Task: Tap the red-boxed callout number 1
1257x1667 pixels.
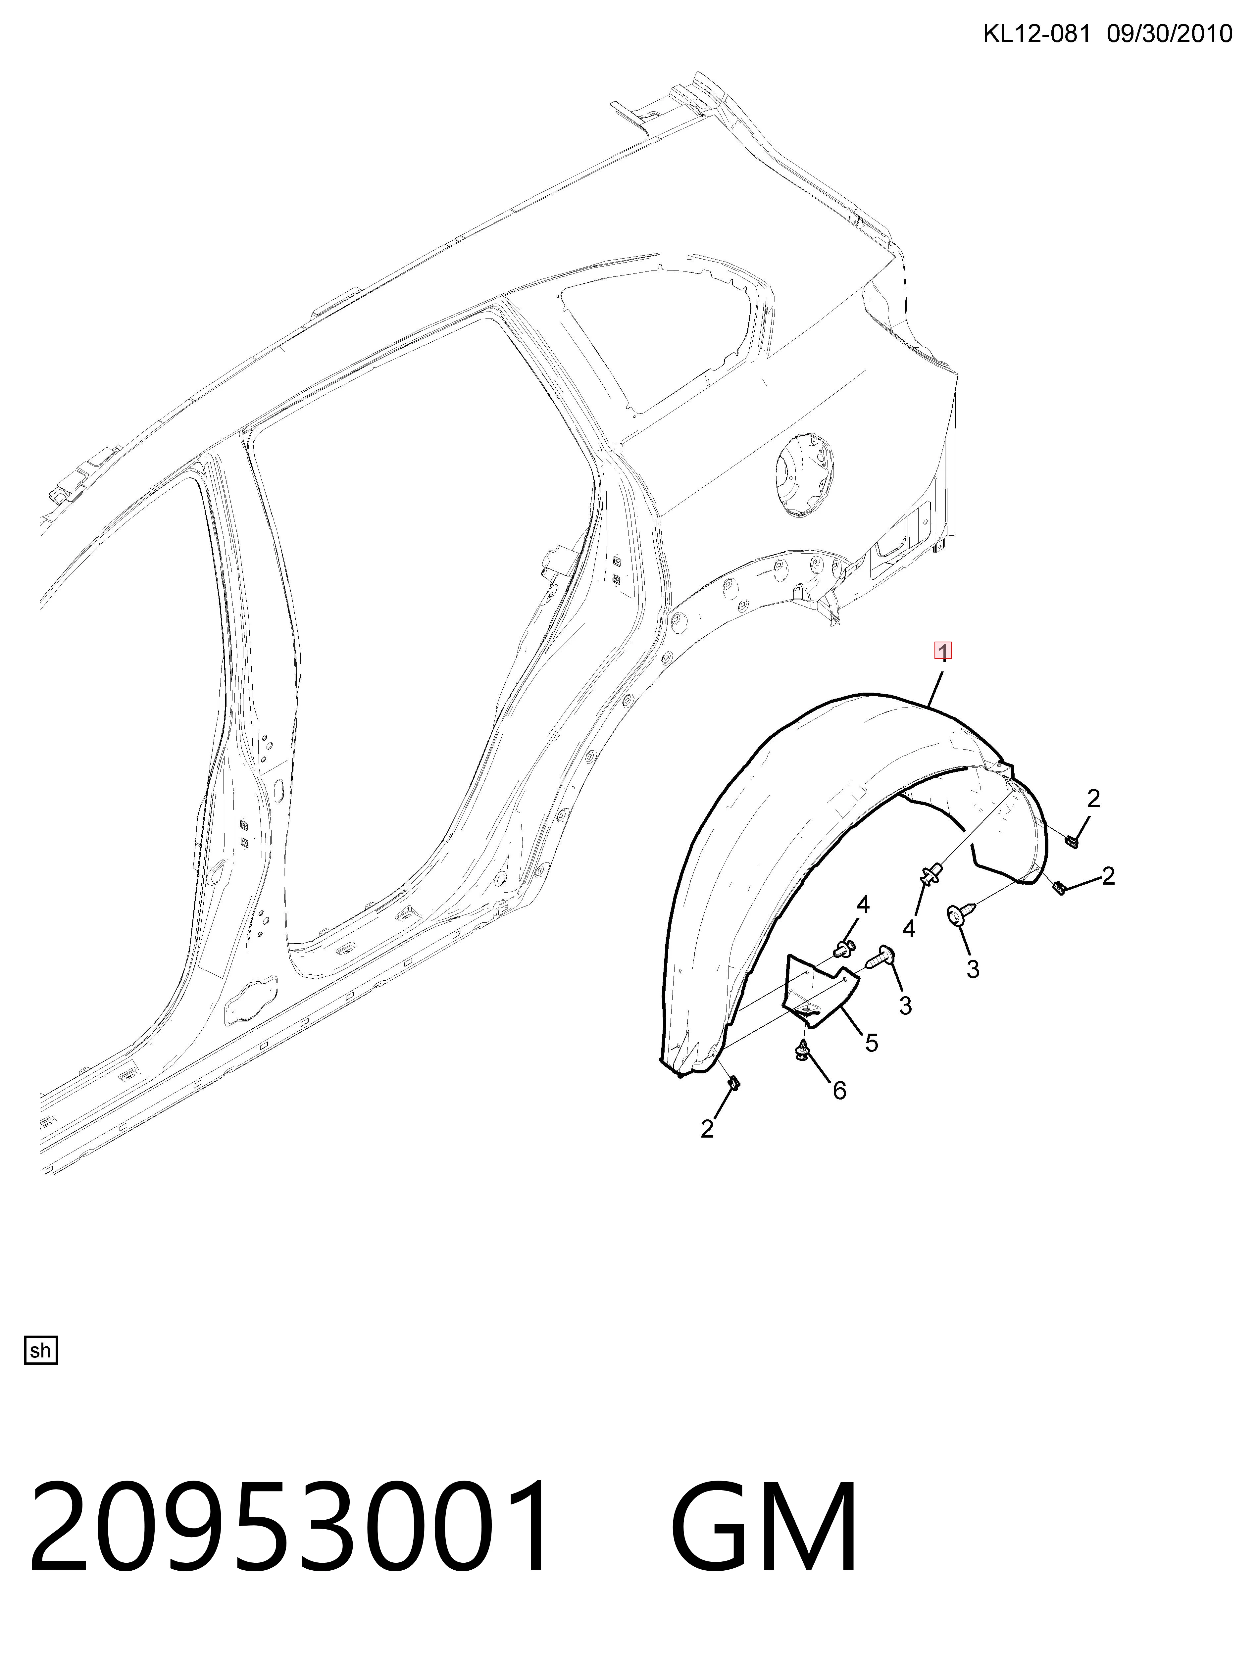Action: tap(943, 650)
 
